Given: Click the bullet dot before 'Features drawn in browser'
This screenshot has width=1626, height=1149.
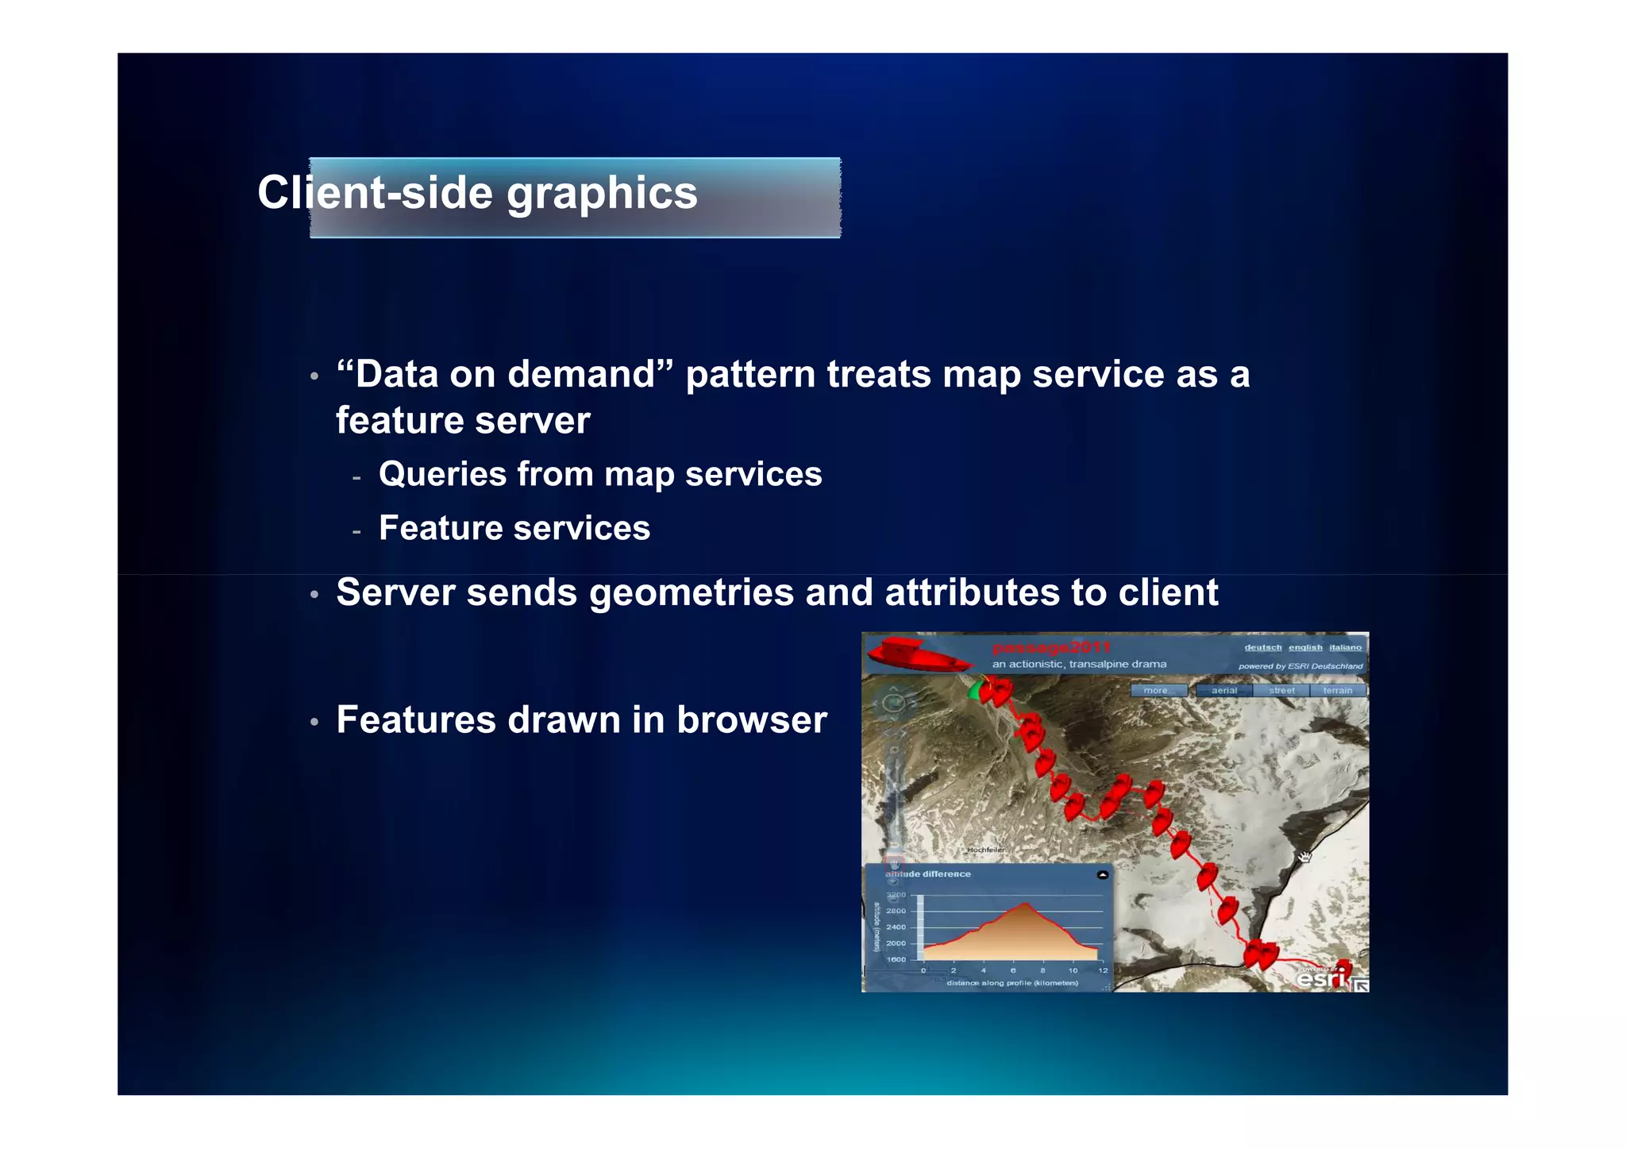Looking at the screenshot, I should click(314, 722).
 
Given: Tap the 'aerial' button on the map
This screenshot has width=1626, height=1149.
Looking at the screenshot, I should click(1223, 690).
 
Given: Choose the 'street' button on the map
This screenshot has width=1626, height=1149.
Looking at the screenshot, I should click(1281, 690).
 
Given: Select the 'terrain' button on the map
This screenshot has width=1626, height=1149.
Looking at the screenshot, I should click(1337, 690).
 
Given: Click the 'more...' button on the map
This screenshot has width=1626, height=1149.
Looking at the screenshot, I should click(1158, 690).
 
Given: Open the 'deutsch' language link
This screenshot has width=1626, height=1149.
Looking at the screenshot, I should click(1262, 647).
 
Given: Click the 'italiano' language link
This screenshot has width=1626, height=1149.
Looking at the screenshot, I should click(1345, 647).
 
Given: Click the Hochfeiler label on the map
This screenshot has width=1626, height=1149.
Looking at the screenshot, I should click(985, 850).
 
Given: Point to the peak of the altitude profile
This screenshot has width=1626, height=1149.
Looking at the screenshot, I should click(1026, 904).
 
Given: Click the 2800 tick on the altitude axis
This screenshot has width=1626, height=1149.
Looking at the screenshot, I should click(896, 911).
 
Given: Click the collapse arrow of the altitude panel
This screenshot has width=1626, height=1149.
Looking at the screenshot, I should click(1102, 874).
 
